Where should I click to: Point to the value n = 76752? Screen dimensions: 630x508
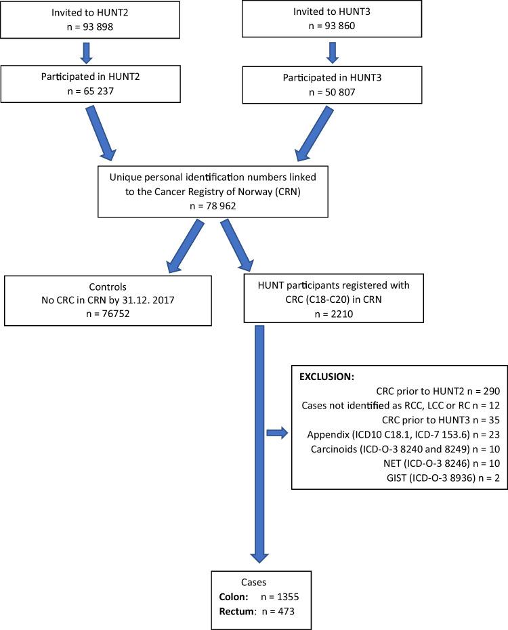click(x=108, y=313)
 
